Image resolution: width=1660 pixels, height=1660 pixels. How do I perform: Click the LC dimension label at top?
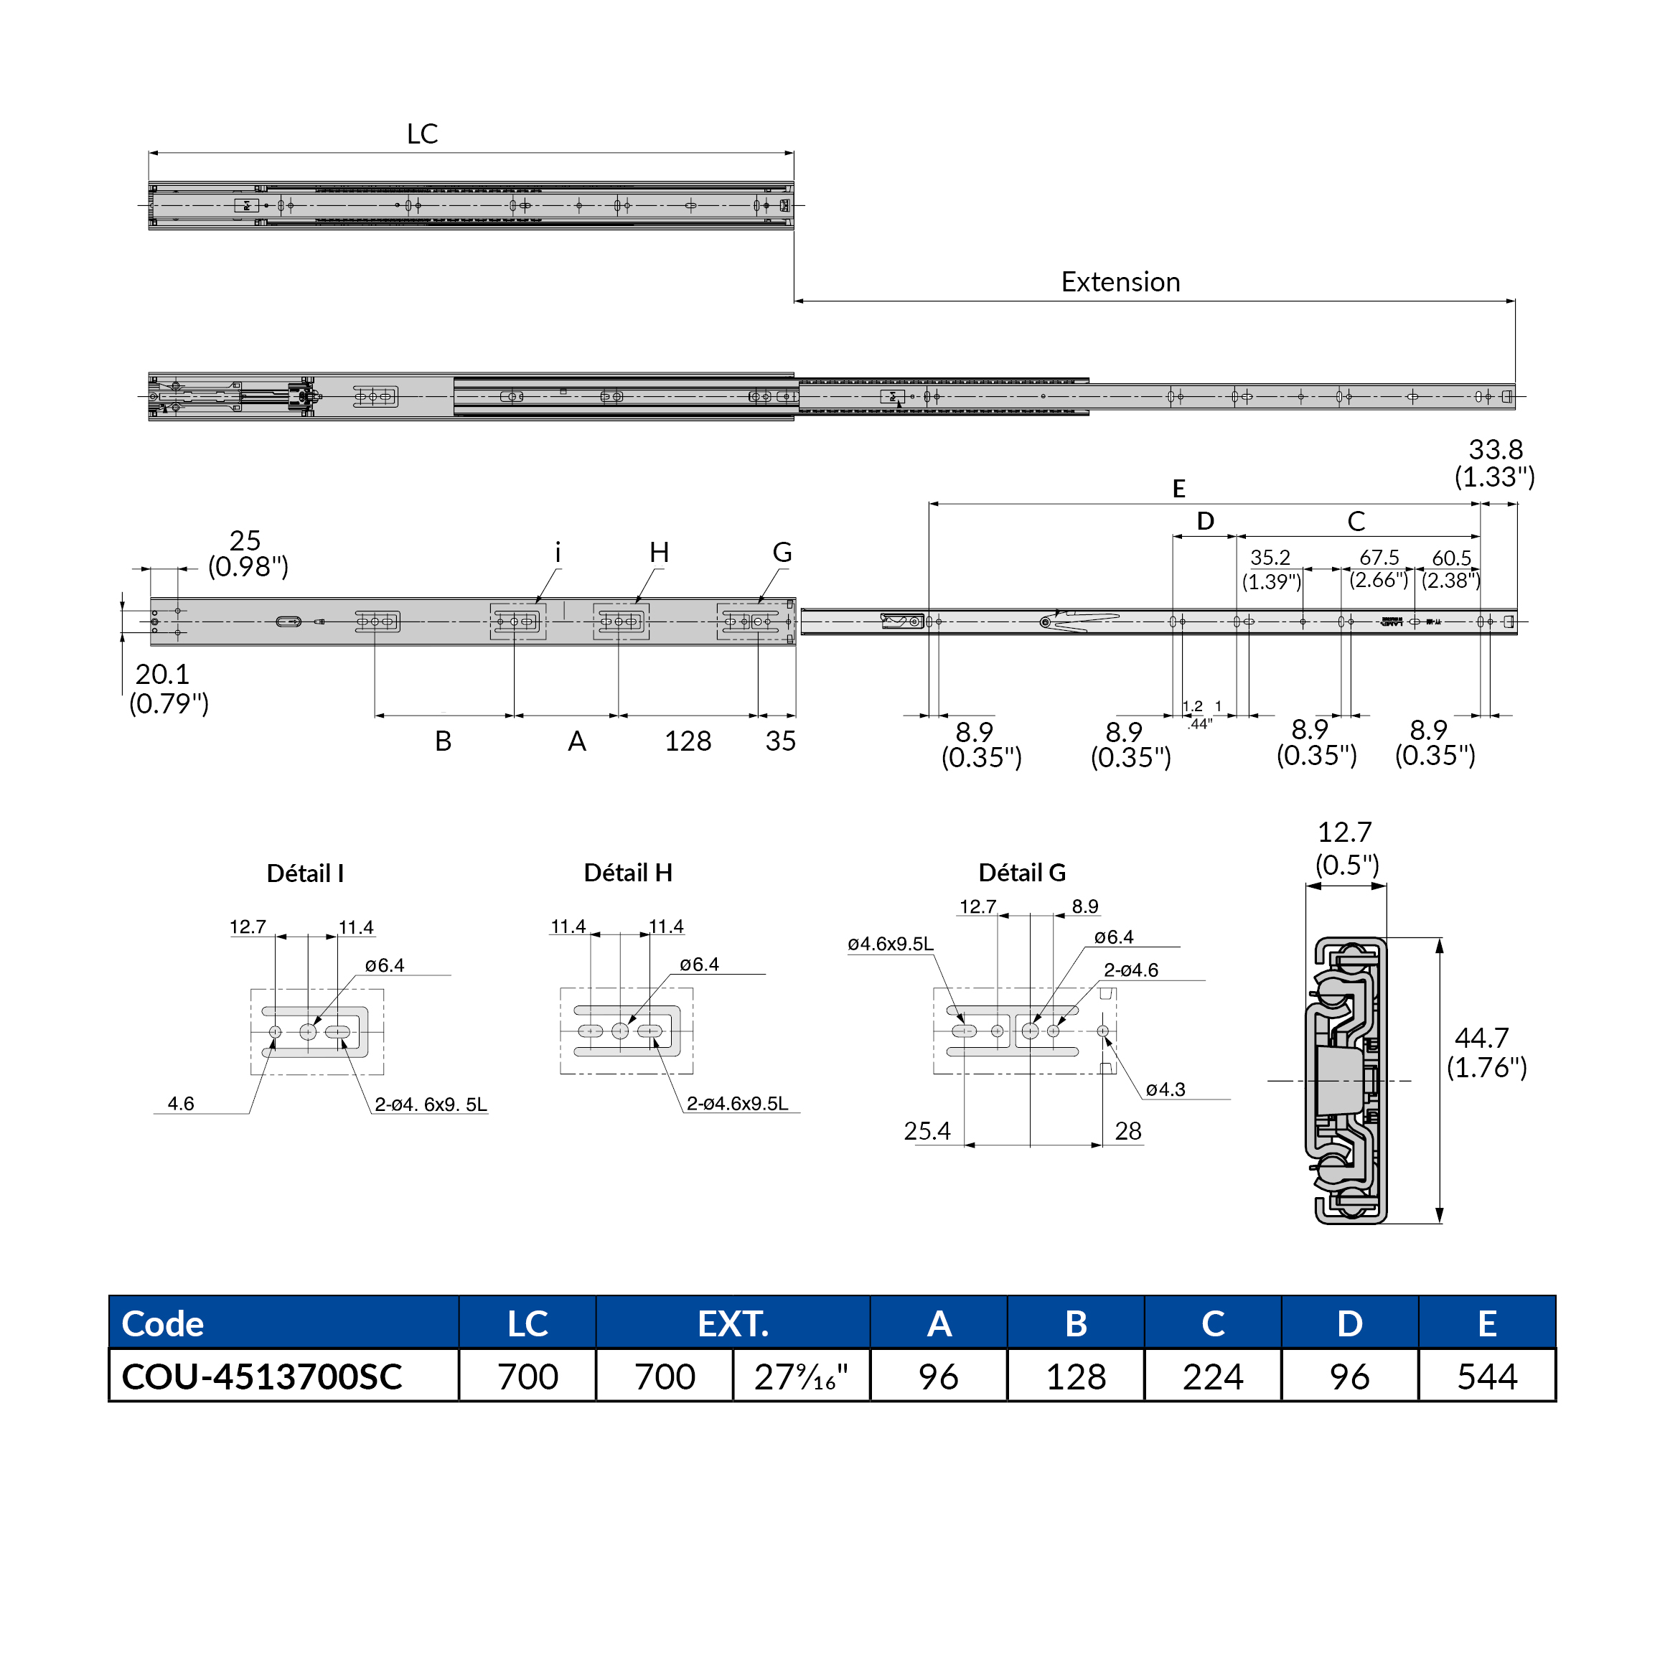click(x=422, y=134)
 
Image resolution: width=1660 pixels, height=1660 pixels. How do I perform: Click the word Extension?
click(x=1120, y=282)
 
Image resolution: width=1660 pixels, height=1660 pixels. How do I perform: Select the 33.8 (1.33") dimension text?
click(x=1494, y=463)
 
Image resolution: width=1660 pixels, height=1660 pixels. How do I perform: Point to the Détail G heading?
click(x=1021, y=873)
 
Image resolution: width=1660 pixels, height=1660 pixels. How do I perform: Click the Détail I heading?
click(x=305, y=874)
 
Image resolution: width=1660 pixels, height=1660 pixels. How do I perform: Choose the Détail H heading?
click(x=627, y=873)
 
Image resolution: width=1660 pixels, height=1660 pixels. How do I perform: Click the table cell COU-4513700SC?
click(x=262, y=1377)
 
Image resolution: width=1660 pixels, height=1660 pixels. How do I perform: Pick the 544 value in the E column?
click(x=1486, y=1377)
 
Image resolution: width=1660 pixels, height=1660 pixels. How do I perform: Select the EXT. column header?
click(x=732, y=1323)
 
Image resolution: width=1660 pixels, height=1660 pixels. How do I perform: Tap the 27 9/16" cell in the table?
click(x=801, y=1377)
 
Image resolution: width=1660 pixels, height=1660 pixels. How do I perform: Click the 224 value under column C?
click(x=1212, y=1377)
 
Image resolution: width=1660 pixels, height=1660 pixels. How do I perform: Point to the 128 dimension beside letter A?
click(x=688, y=741)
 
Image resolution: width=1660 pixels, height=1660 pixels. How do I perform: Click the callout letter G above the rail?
click(x=782, y=553)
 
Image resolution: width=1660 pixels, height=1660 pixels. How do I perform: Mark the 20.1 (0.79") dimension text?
click(x=169, y=688)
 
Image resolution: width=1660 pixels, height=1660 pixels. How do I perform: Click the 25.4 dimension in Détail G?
click(x=927, y=1131)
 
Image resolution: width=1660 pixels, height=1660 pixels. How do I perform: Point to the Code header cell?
click(x=163, y=1323)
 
